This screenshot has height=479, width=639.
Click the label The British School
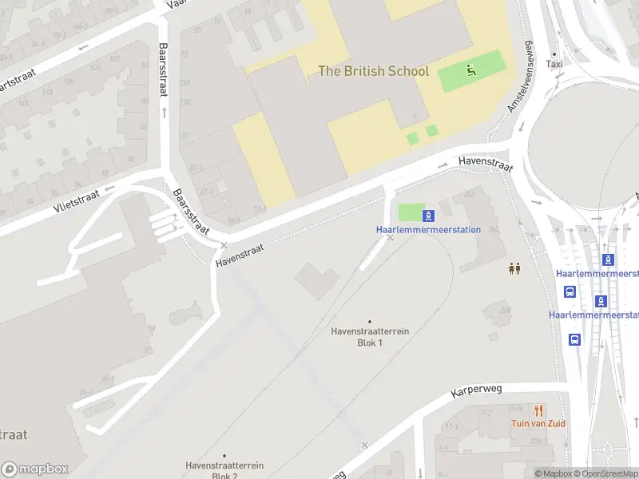click(373, 71)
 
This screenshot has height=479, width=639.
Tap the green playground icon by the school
click(471, 71)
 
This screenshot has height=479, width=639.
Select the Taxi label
click(554, 64)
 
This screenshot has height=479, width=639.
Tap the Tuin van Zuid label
click(539, 423)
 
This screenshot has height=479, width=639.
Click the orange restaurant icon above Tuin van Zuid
click(539, 410)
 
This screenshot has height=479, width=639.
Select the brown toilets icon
click(514, 269)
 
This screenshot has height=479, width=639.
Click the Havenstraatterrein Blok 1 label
click(370, 337)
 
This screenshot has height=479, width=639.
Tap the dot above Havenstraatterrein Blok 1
click(370, 321)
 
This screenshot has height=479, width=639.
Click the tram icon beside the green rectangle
click(429, 215)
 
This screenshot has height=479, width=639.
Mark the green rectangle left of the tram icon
click(411, 213)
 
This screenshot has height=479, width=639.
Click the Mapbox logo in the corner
click(34, 469)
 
